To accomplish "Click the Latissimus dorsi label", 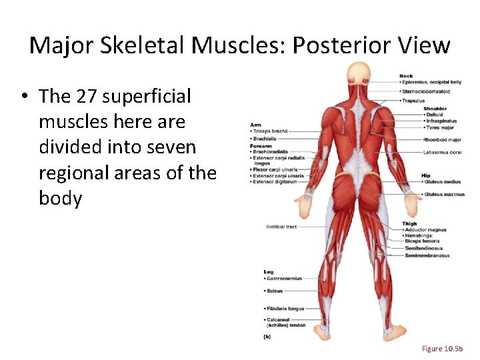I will [442, 152].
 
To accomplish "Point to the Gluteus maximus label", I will [443, 195].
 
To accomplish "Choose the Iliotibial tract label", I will [281, 227].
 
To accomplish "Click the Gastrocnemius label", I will [285, 279].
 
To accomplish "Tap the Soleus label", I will [275, 291].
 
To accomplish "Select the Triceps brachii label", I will [270, 131].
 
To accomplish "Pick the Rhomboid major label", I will [442, 140].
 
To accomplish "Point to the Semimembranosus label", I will [427, 255].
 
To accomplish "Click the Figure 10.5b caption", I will [447, 349].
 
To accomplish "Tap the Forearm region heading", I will [261, 146].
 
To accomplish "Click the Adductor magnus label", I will [426, 230].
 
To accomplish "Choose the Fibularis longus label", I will [285, 308].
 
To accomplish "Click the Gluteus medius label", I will [441, 181].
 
